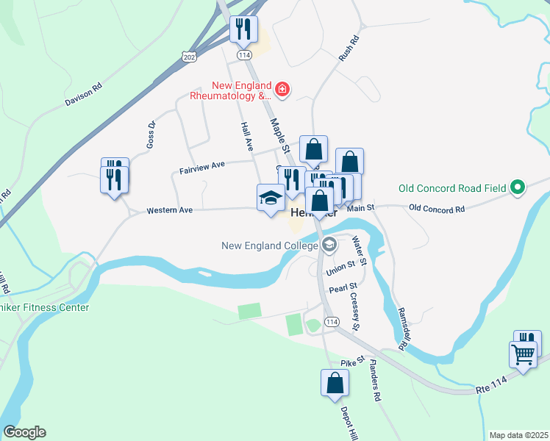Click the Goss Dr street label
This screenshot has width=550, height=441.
point(151,133)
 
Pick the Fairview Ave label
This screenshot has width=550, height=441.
point(201,168)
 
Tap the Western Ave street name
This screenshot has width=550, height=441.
point(169,210)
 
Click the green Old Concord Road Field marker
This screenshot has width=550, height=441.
point(518,188)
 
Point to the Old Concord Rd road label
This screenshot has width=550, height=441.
point(437,209)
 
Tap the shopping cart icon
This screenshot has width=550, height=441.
point(523,354)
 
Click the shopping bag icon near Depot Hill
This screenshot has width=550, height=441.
point(335,383)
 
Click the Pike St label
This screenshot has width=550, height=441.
point(348,363)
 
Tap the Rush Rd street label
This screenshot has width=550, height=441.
point(349,49)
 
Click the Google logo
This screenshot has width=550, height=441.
point(24,432)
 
